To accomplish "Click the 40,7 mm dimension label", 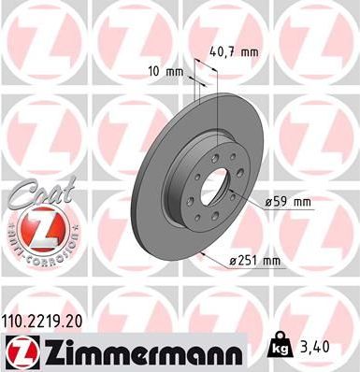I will pos(230,52).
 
